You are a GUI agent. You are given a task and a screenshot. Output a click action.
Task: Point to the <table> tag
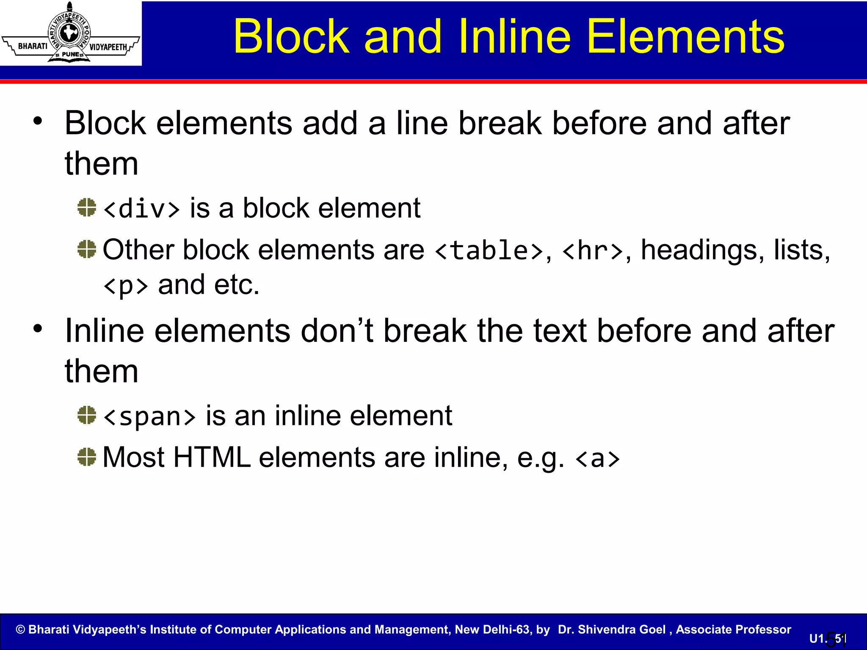(x=489, y=251)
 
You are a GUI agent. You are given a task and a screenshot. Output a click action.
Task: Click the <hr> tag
(x=592, y=251)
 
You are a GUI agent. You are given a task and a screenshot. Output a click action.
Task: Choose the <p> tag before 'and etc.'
(x=126, y=286)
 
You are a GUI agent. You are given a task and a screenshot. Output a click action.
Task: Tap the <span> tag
(x=149, y=416)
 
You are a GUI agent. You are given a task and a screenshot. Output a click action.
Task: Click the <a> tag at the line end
(x=597, y=458)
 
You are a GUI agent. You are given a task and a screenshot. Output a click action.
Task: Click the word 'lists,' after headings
(x=802, y=250)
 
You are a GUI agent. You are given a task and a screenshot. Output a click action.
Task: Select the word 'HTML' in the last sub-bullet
(x=212, y=457)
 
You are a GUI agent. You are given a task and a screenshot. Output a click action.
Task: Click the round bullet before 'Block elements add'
(x=38, y=121)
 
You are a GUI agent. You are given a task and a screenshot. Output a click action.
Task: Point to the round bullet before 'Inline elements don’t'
(x=38, y=328)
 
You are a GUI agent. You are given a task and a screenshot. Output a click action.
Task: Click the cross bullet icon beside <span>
(x=87, y=415)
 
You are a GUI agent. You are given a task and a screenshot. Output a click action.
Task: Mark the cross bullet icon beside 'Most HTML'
(x=87, y=457)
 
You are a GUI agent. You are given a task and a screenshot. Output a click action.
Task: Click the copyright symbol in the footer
(x=20, y=630)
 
